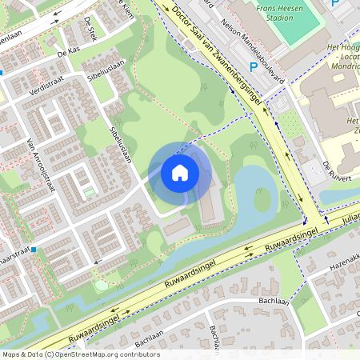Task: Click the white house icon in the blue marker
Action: tap(180, 172)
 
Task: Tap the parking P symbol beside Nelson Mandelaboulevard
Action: tap(254, 67)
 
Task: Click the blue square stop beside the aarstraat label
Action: tap(34, 250)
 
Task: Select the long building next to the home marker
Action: tap(206, 204)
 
